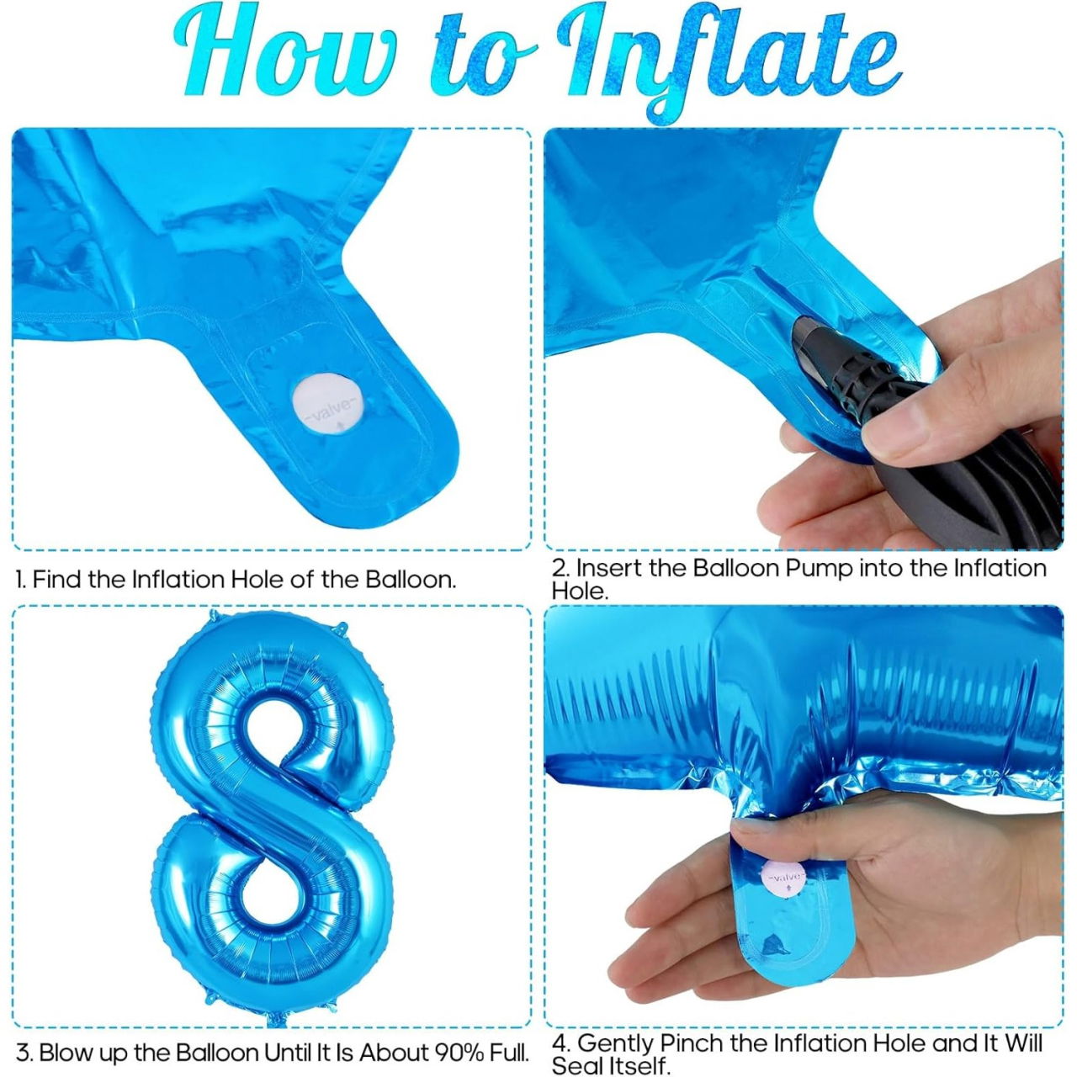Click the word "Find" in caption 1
tap(58, 580)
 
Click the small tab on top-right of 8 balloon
tap(341, 627)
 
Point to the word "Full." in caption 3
tap(508, 1053)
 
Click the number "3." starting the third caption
tap(24, 1053)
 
